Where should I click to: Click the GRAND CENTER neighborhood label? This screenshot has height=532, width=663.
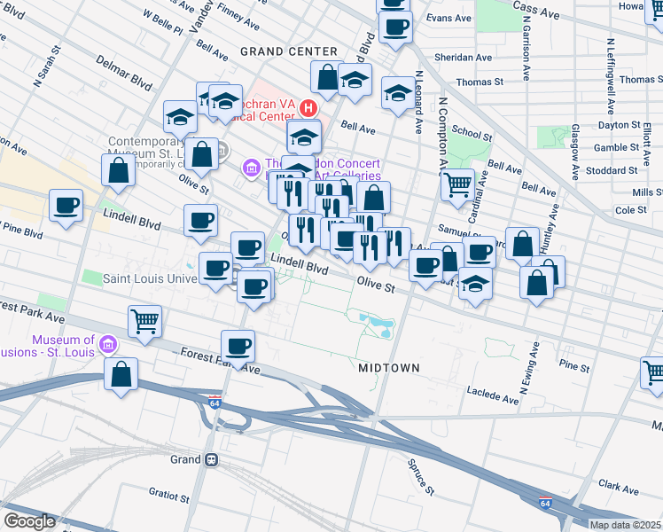click(288, 51)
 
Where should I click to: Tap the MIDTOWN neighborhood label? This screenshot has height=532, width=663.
click(389, 367)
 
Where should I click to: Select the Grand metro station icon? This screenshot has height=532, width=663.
click(212, 459)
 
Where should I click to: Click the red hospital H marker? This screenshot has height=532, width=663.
click(308, 108)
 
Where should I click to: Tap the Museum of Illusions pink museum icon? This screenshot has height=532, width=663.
click(108, 342)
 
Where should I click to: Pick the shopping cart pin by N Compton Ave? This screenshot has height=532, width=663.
click(457, 185)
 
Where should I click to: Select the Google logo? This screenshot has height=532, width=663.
click(29, 521)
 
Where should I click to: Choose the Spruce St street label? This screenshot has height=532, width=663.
click(422, 477)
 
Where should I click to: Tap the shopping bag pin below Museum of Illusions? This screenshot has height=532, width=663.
click(121, 374)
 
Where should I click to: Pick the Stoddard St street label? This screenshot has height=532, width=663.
click(615, 170)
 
